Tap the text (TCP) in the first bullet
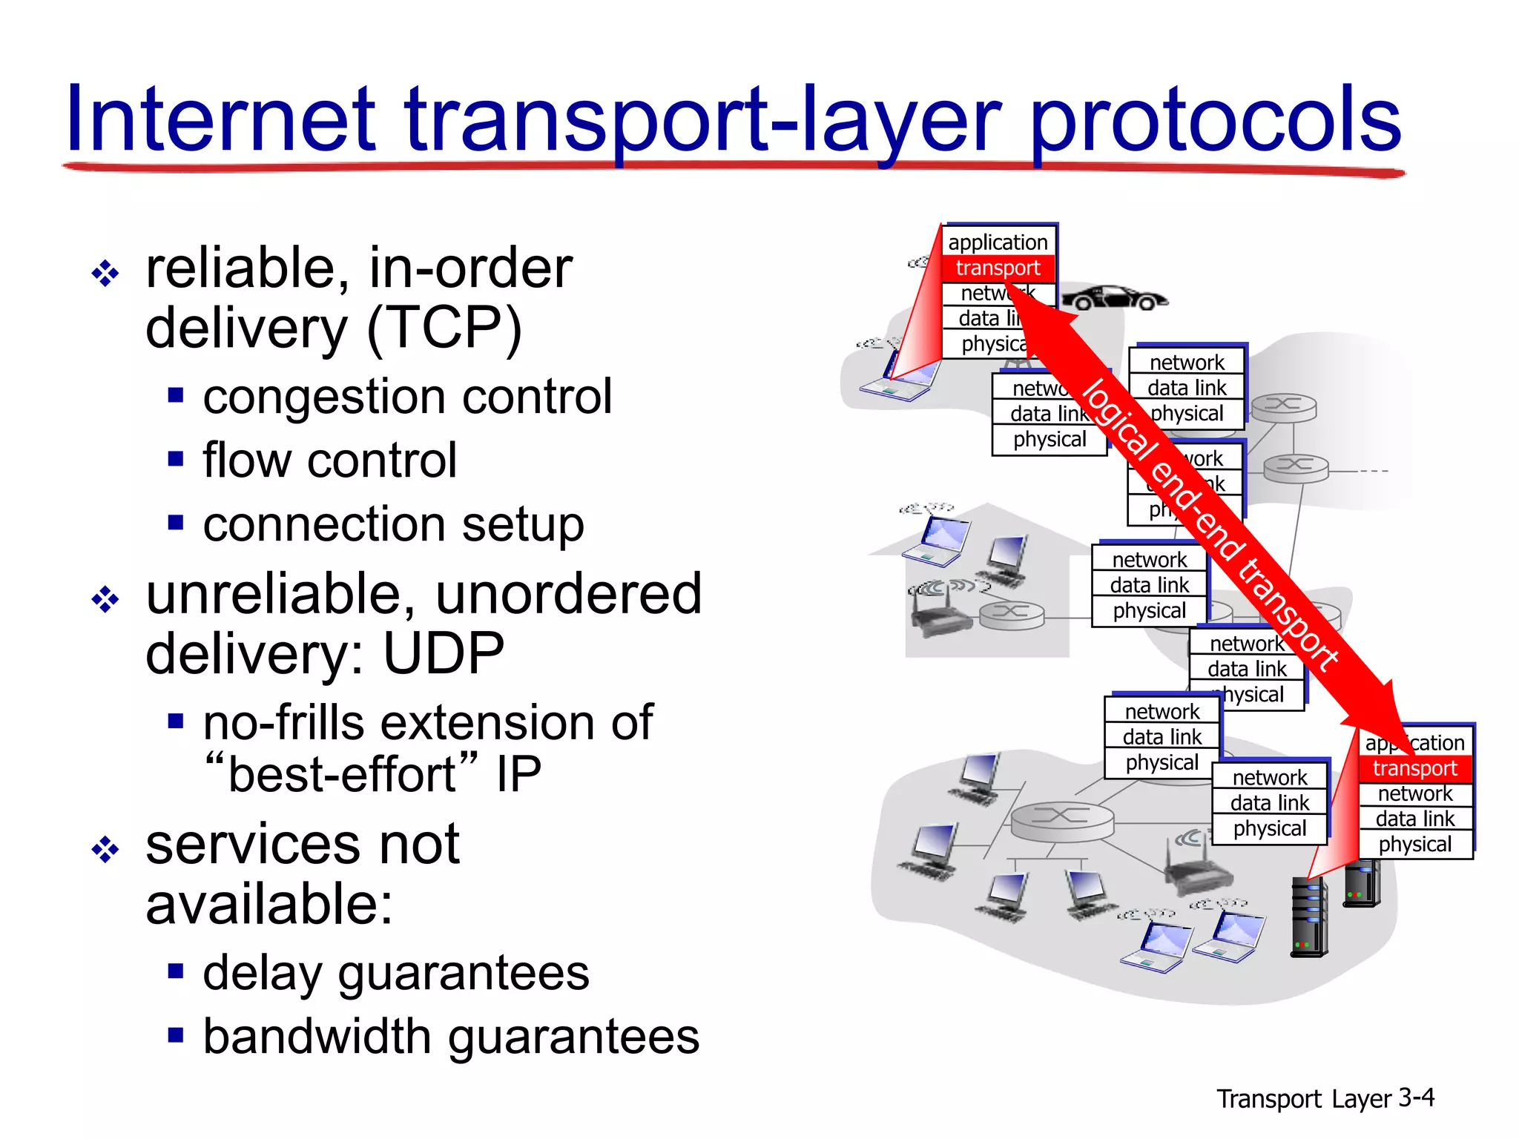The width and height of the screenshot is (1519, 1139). (x=445, y=328)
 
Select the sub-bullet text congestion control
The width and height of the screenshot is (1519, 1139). (x=407, y=397)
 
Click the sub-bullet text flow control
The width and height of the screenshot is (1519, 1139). (x=329, y=460)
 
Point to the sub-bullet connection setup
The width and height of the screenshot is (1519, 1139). (x=393, y=524)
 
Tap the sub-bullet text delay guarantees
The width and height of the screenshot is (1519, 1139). (x=396, y=973)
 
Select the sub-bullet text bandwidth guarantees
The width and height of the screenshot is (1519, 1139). (x=451, y=1037)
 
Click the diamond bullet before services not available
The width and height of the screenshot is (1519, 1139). (x=105, y=850)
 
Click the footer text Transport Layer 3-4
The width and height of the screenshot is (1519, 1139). (x=1325, y=1098)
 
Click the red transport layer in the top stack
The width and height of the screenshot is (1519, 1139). (x=998, y=268)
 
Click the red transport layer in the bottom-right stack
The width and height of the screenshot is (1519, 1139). (x=1414, y=768)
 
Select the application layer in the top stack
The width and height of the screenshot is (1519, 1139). (x=998, y=242)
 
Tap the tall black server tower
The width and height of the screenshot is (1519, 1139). (x=1309, y=917)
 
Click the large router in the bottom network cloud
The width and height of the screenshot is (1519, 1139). (x=1062, y=820)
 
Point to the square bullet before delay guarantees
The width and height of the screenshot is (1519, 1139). (x=176, y=971)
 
